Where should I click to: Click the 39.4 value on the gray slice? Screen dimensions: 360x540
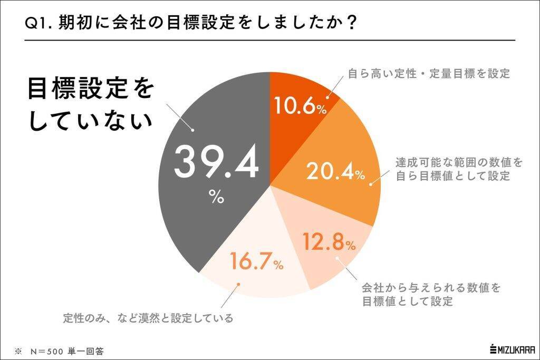pyautogui.click(x=216, y=163)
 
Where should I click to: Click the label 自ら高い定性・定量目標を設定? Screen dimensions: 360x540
pyautogui.click(x=429, y=74)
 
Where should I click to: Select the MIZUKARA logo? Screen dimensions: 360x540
pyautogui.click(x=512, y=349)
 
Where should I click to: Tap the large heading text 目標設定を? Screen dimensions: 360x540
pyautogui.click(x=90, y=90)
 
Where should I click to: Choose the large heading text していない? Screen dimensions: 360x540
pyautogui.click(x=90, y=123)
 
